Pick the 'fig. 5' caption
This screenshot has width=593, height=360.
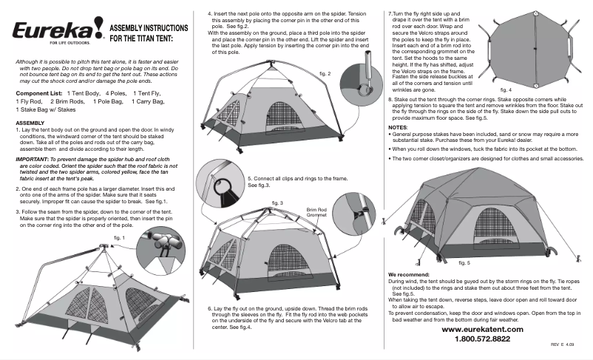coord(464,262)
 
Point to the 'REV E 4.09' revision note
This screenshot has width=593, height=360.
coord(562,346)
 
